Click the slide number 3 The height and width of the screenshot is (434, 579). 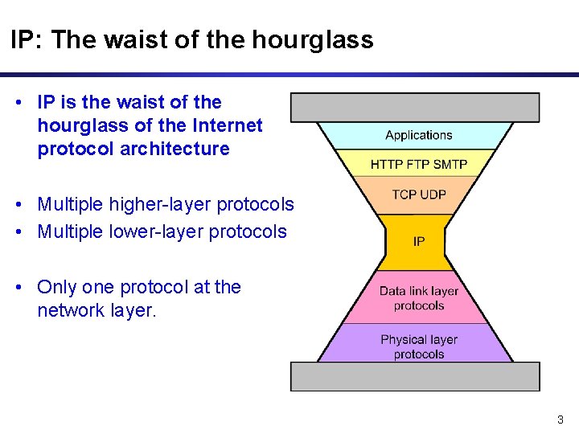point(561,420)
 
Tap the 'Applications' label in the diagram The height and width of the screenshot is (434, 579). point(418,135)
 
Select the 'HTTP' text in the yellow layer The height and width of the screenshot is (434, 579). point(386,164)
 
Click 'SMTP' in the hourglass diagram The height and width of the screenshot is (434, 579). point(451,164)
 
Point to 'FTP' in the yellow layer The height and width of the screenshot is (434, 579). point(418,164)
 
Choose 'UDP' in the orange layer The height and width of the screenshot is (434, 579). point(434,194)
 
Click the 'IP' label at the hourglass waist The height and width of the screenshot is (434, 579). point(418,241)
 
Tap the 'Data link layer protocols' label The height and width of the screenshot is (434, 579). point(418,298)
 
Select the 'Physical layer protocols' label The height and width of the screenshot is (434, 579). point(418,346)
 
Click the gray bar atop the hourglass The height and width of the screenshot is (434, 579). point(414,107)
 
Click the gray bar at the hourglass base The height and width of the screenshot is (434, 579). point(414,376)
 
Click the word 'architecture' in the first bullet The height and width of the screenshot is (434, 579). point(180,149)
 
